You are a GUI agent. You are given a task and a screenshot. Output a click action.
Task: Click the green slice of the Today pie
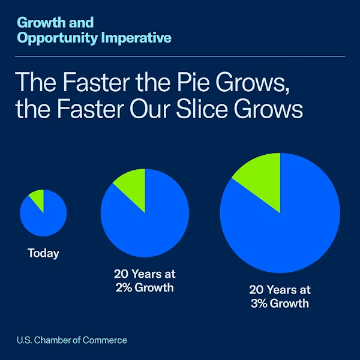point(39,197)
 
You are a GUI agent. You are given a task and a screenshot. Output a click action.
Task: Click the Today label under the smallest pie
point(43,253)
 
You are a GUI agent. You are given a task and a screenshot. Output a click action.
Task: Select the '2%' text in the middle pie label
point(124,287)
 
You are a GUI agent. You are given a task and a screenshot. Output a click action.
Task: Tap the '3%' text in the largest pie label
point(260,303)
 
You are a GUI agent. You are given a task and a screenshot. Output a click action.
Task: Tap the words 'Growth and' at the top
point(56,23)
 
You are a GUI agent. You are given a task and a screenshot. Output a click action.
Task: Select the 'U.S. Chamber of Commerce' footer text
point(72,340)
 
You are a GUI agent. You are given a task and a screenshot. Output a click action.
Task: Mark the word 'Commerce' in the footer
point(109,340)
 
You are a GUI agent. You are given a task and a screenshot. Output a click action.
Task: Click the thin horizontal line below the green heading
point(180,56)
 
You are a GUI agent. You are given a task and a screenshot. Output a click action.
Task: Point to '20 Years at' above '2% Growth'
point(145,274)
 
